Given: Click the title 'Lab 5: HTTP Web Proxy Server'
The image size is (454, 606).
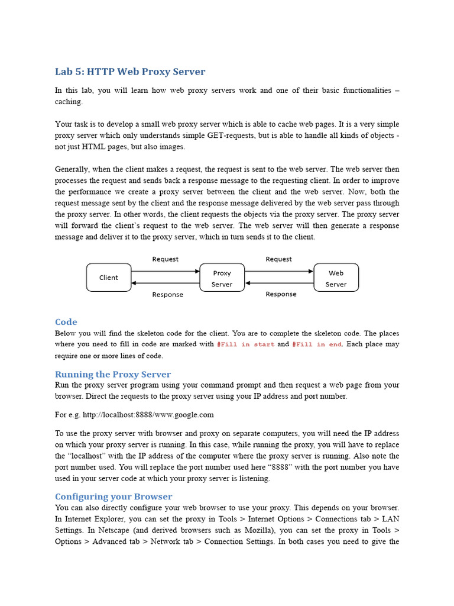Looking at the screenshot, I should [x=130, y=72].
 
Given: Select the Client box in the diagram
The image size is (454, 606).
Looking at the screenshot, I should [x=109, y=278].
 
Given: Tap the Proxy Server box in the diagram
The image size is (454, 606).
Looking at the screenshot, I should [x=222, y=278].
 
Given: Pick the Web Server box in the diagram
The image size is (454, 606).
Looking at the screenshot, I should [x=336, y=278].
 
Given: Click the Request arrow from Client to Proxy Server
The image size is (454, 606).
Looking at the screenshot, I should [x=166, y=271].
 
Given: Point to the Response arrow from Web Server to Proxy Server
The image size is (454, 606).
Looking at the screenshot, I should [x=279, y=283].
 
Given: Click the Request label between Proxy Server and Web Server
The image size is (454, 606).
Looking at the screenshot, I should [x=278, y=259].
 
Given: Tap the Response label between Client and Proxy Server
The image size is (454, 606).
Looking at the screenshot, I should [x=167, y=295].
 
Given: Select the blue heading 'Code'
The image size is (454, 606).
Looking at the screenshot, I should [x=66, y=322].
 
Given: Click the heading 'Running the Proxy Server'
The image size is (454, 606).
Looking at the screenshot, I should [x=113, y=374].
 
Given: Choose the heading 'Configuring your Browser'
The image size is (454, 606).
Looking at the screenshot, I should [x=113, y=497].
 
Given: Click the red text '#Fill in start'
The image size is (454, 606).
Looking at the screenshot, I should [x=245, y=344].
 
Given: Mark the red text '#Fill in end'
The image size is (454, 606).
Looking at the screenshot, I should [x=317, y=344].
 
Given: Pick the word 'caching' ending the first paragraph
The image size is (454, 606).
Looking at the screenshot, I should [x=69, y=102].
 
